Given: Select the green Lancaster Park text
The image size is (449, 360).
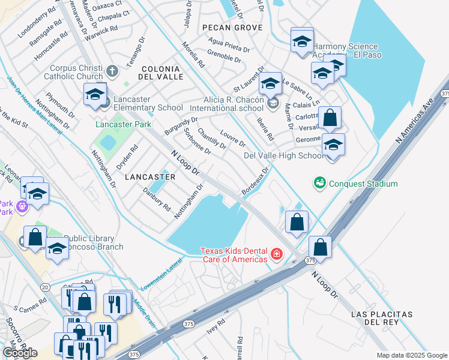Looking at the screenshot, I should pos(123,124).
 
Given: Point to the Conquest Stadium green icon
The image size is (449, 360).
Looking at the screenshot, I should pos(319,181).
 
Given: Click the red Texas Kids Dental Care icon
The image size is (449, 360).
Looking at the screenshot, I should pos(276,255).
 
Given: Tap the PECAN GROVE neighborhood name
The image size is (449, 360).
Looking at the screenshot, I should pos(232,28).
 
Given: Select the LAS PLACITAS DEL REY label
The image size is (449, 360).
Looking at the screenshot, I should pos(382,319).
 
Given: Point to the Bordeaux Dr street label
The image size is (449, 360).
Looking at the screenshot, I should pos(255,182).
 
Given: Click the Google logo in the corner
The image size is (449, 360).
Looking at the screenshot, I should pos(20,352).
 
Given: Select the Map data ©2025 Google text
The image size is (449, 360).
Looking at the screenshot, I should pos(411,355).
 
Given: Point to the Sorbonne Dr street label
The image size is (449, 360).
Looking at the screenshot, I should pos(196,142).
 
